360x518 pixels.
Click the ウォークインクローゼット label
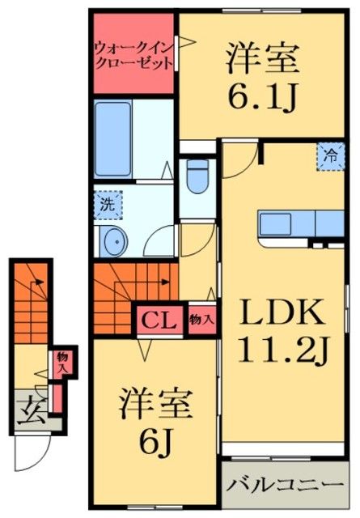click(133, 54)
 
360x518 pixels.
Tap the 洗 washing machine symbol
click(106, 204)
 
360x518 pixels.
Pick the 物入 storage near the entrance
click(59, 362)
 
